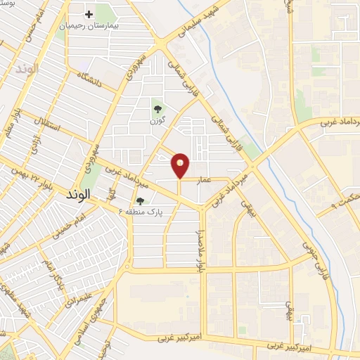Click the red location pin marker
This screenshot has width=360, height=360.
(x=181, y=165)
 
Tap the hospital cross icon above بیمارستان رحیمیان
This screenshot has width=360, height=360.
(x=89, y=14)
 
